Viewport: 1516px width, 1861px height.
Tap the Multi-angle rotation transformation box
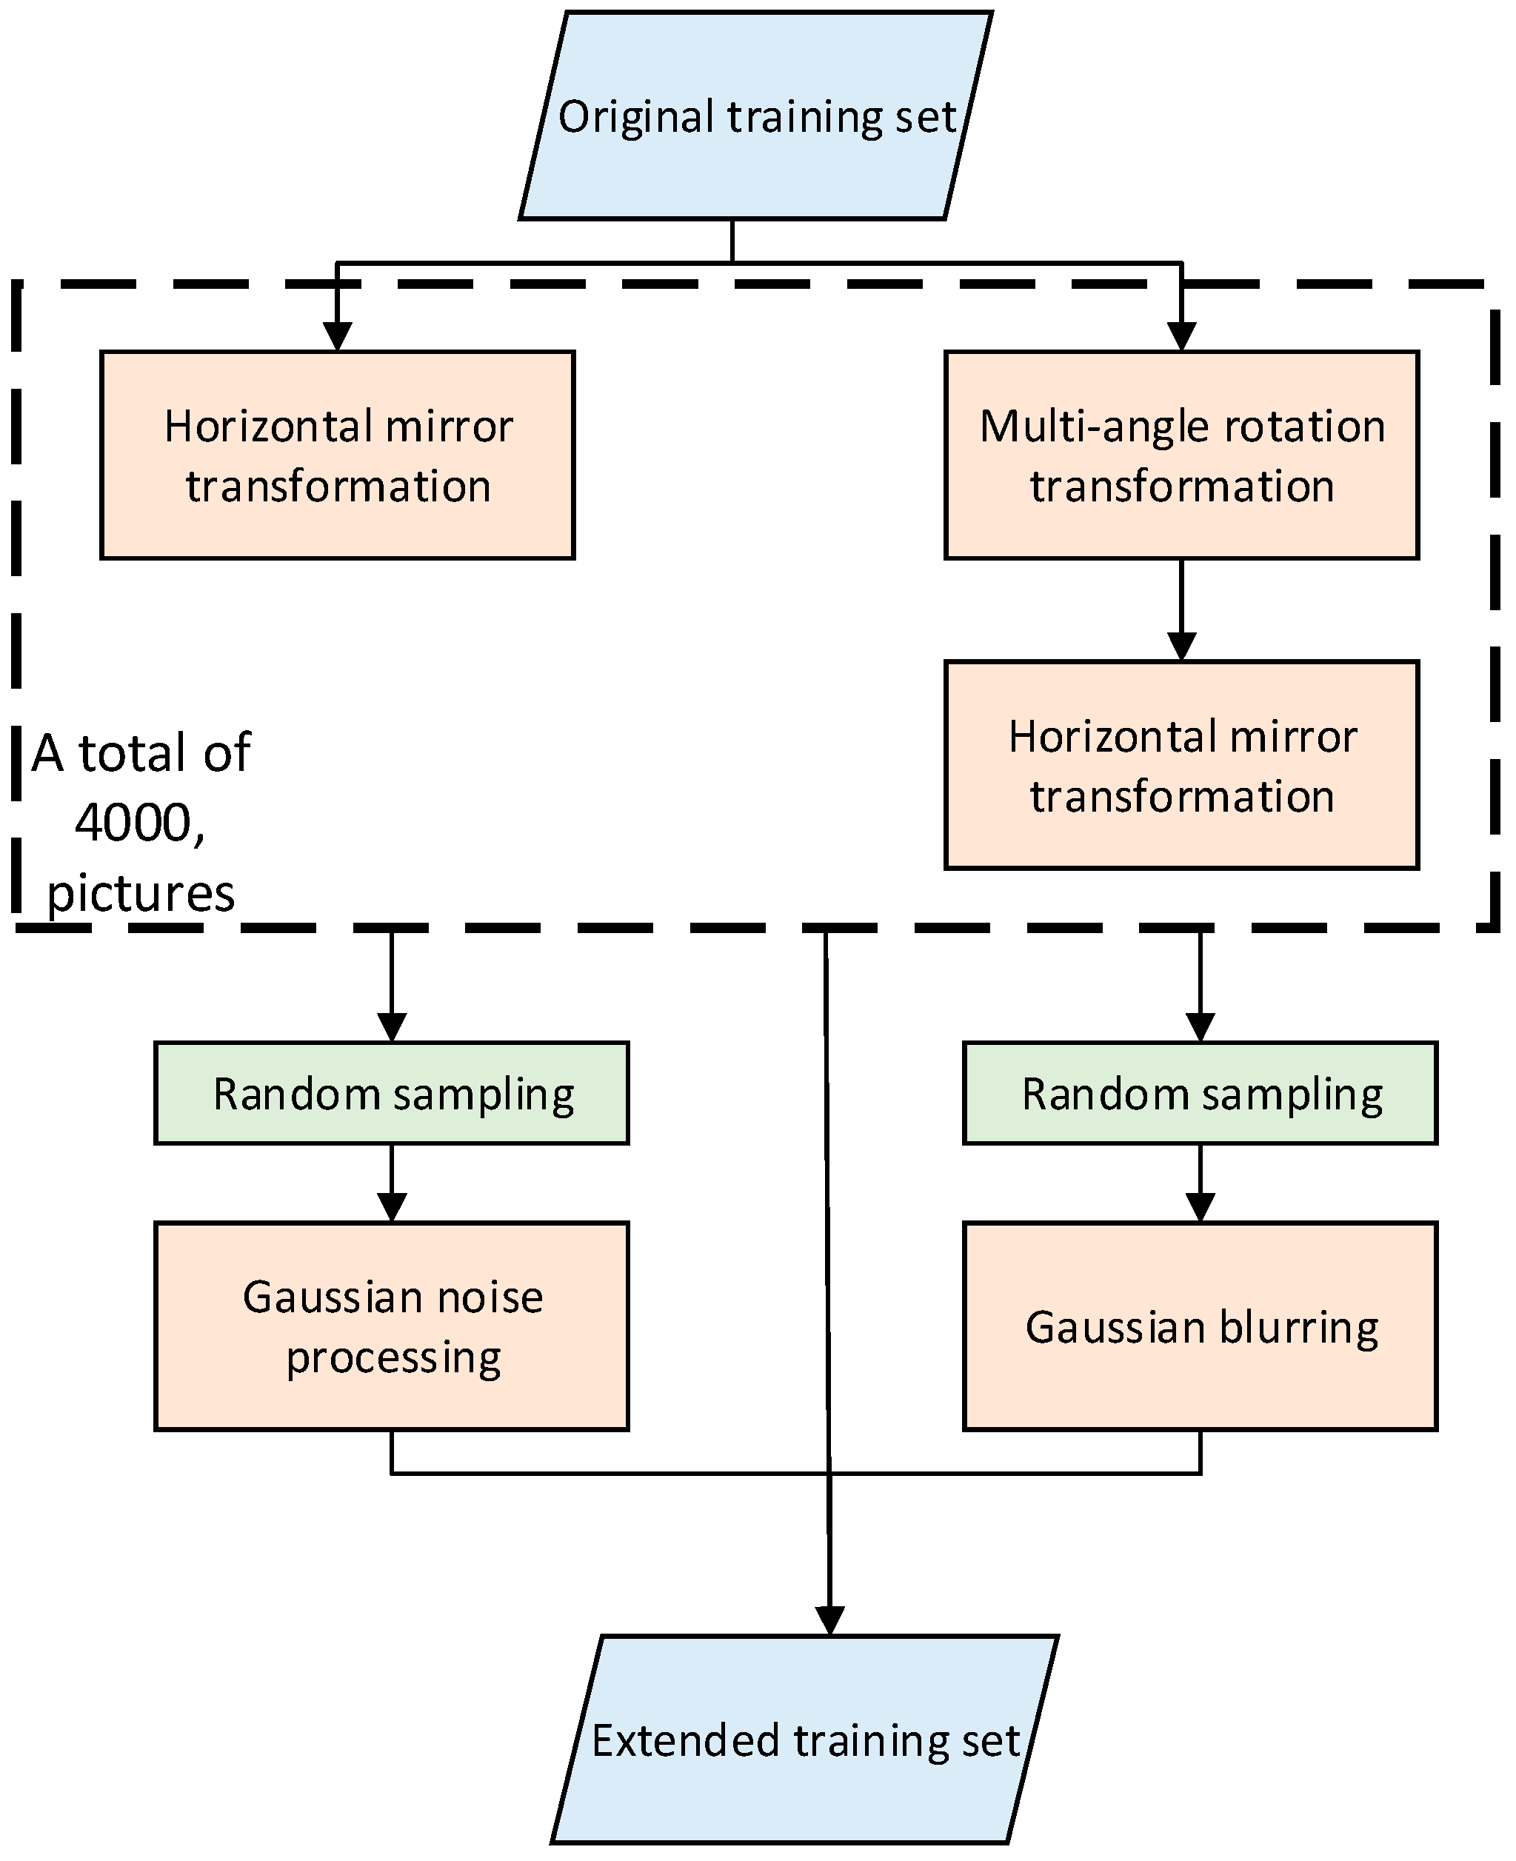coord(1181,455)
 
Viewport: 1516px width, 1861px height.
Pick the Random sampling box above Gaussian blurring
coord(1200,1093)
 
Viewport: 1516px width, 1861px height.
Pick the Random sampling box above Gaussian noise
coord(391,1093)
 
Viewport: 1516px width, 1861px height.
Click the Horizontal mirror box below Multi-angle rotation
coord(1181,765)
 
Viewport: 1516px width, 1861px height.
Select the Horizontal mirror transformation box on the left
coord(337,455)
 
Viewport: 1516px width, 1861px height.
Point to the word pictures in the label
coord(141,892)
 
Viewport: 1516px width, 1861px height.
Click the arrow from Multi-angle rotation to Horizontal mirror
coord(1181,611)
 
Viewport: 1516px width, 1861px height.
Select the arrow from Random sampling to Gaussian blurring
coord(1200,1184)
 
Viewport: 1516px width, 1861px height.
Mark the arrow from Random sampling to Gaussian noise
coord(391,1184)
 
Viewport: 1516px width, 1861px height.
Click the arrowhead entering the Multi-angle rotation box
coord(1181,337)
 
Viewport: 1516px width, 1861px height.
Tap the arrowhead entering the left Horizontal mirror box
coord(337,337)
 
